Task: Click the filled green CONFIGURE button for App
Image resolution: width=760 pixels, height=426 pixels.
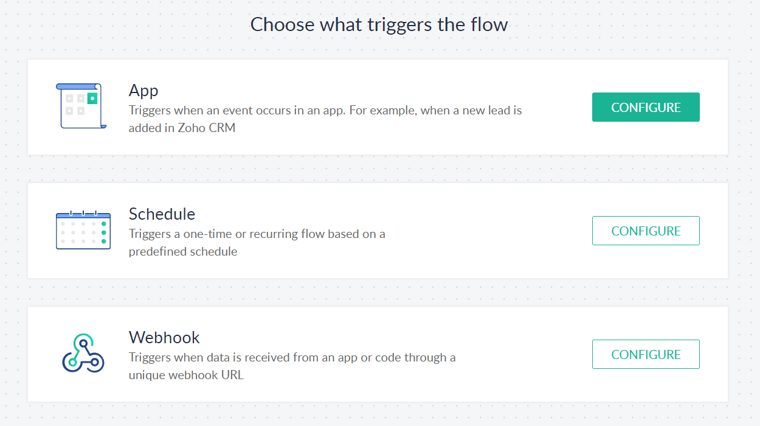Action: (646, 107)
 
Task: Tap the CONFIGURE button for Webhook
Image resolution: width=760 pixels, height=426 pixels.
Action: (646, 354)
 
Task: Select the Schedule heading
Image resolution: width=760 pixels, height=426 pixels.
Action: (162, 214)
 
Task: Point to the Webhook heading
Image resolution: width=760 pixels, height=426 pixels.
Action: (164, 338)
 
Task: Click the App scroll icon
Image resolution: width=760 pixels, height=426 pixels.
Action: (81, 106)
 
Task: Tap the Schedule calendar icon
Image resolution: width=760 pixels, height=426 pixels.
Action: (83, 230)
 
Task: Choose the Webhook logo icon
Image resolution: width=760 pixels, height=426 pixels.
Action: (83, 353)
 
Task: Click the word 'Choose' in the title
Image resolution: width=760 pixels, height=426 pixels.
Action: (282, 24)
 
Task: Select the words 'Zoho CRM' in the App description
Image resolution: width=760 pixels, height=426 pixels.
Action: (206, 128)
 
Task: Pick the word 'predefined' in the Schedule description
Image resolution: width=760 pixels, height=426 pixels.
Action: (157, 252)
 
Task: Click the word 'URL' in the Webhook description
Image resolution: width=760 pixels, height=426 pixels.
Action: (232, 375)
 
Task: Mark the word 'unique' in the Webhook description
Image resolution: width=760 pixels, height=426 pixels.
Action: (147, 375)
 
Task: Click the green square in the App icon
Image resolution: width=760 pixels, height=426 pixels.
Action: (92, 98)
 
